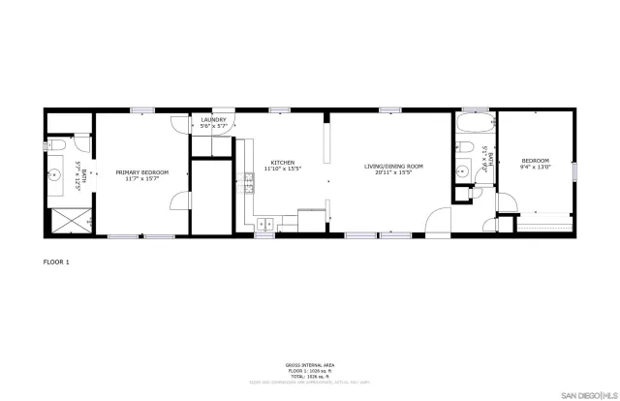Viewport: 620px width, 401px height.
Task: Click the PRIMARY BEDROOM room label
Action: pos(142,172)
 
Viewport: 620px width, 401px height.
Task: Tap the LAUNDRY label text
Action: pos(213,120)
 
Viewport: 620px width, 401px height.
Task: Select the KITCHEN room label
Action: pos(283,162)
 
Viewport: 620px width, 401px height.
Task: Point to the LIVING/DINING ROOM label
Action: pos(394,167)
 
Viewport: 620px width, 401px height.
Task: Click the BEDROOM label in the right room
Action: pos(535,161)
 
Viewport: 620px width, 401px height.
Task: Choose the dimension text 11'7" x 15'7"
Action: pos(142,179)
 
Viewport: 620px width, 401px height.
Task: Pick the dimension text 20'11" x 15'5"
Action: pos(394,172)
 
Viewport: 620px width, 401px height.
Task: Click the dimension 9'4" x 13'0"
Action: pos(535,167)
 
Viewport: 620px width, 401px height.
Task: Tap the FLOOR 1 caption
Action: pos(56,262)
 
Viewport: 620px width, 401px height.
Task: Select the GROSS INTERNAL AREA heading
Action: pos(309,365)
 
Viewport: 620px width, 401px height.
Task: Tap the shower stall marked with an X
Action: pos(68,221)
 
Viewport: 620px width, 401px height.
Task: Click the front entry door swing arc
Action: pos(438,221)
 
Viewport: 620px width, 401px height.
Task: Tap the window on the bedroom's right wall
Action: pos(574,171)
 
